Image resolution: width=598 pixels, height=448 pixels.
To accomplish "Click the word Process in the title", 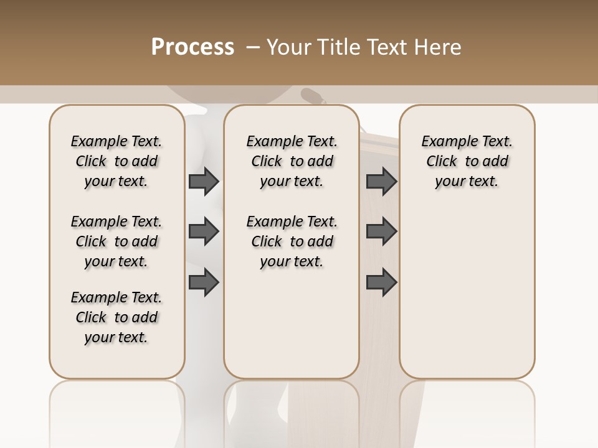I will [x=192, y=47].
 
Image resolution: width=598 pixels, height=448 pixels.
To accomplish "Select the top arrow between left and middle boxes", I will [x=204, y=181].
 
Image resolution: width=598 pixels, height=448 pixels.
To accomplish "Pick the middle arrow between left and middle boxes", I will [x=204, y=232].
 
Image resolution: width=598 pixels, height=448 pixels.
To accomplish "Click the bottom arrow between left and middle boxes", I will [x=204, y=282].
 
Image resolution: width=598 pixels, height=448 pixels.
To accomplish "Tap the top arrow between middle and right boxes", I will [x=382, y=181].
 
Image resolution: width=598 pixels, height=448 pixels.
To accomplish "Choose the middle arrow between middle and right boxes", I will [x=382, y=232].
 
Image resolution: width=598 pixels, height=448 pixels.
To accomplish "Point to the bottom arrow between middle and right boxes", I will [x=382, y=282].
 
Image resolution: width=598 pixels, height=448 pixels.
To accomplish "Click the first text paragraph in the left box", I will [x=116, y=161].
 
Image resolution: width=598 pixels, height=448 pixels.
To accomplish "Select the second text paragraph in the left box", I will [x=116, y=241].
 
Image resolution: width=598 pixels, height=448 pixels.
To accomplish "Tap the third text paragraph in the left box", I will [x=116, y=317].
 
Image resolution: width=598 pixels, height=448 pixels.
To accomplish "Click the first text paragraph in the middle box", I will [x=292, y=161].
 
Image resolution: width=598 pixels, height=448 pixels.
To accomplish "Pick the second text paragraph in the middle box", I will [x=292, y=241].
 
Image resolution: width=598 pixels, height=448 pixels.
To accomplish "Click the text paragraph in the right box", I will [x=467, y=161].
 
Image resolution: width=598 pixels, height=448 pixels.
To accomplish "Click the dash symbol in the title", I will [x=253, y=47].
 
